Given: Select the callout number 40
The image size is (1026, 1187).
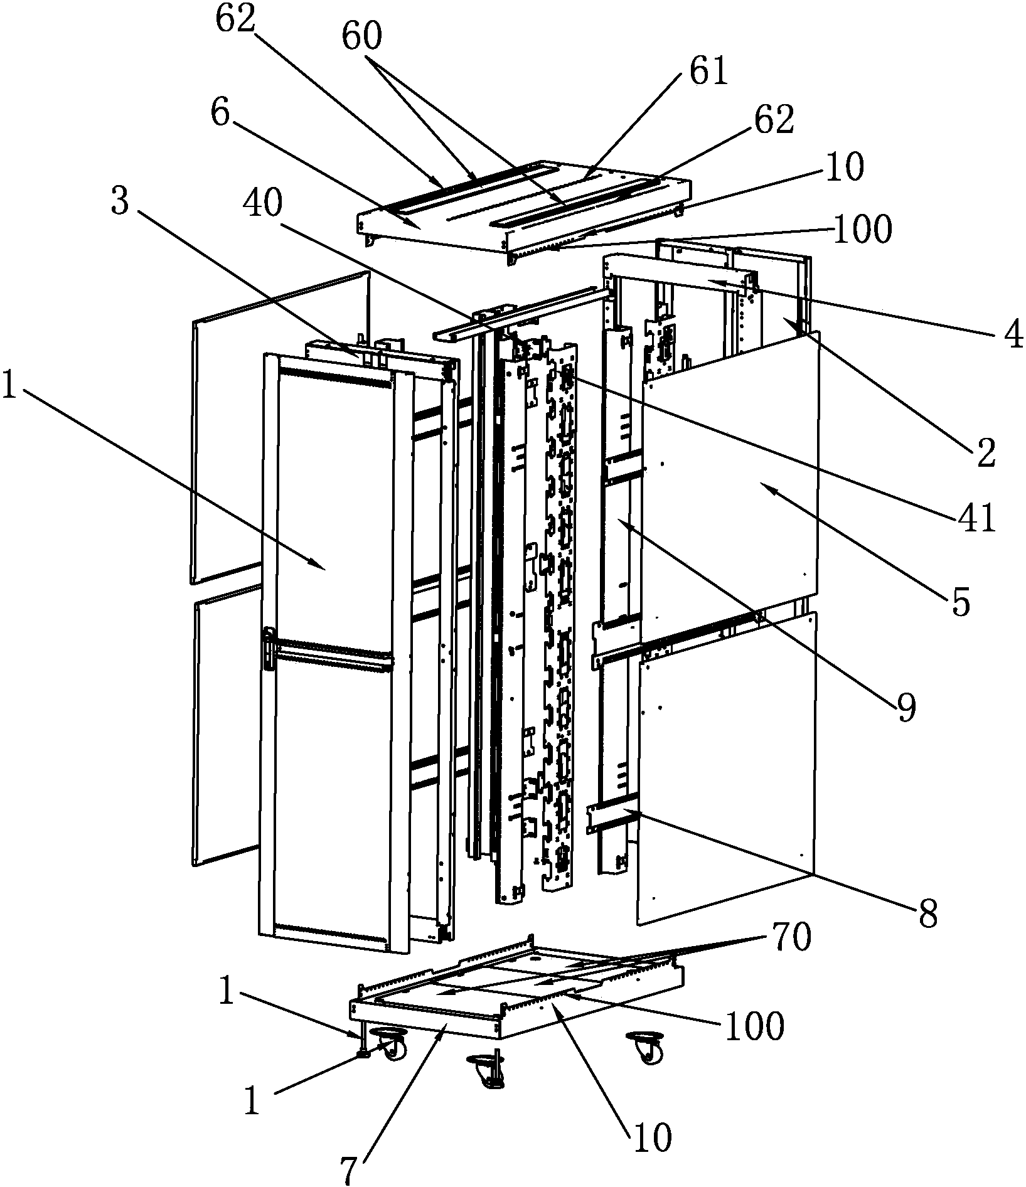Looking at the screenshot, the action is click(260, 204).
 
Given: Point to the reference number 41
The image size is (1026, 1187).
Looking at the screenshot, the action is click(975, 518).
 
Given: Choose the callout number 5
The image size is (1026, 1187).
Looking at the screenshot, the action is click(960, 601).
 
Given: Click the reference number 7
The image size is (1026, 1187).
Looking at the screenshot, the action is click(351, 1169).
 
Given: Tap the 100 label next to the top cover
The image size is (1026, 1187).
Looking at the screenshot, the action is click(861, 229).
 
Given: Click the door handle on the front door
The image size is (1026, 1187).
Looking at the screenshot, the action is click(269, 651).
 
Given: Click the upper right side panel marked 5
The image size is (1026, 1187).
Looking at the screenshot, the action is click(731, 480).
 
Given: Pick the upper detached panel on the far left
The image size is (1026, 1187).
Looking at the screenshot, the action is click(279, 427).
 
